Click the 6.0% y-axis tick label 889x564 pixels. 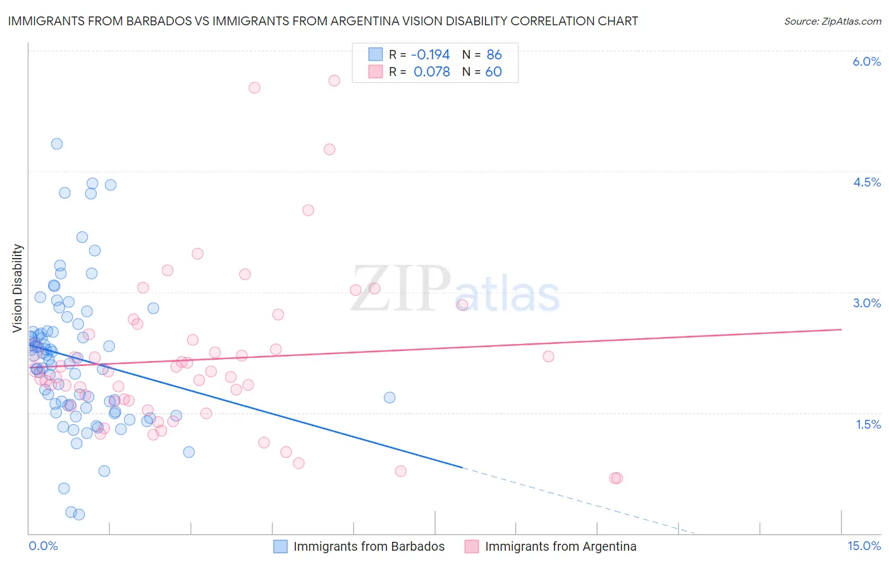(x=866, y=61)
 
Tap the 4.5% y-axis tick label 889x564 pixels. (x=866, y=182)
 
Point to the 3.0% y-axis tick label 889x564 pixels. (x=866, y=303)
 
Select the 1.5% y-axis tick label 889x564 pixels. (x=868, y=424)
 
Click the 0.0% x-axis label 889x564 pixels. (x=43, y=546)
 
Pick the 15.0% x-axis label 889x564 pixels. (x=864, y=546)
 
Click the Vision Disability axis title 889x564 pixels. (x=18, y=288)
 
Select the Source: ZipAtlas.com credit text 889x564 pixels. (x=832, y=21)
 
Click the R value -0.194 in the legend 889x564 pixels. (x=431, y=54)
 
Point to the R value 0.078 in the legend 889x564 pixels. (x=432, y=71)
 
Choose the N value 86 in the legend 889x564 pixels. (x=494, y=54)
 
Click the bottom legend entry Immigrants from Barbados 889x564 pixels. (x=369, y=546)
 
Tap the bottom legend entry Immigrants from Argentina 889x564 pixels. (x=560, y=546)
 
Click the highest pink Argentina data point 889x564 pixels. (x=334, y=80)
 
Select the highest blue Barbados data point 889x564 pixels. (x=57, y=144)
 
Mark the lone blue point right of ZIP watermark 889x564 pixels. (x=389, y=397)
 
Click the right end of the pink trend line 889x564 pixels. (x=841, y=329)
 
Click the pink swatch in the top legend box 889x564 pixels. (x=376, y=71)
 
